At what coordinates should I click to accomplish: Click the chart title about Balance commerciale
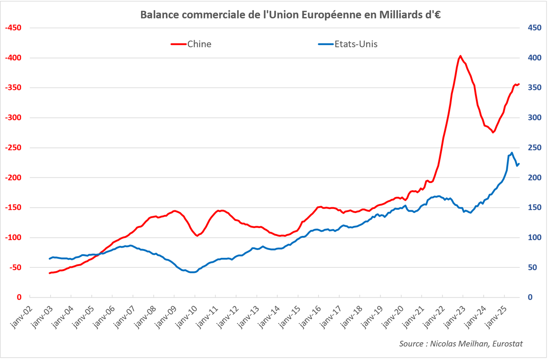pyautogui.click(x=290, y=15)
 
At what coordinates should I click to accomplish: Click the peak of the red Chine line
pyautogui.click(x=460, y=56)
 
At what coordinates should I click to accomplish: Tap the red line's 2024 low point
pyautogui.click(x=493, y=132)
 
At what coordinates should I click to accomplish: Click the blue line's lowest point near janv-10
pyautogui.click(x=192, y=272)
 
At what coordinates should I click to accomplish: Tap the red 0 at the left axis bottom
pyautogui.click(x=19, y=297)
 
